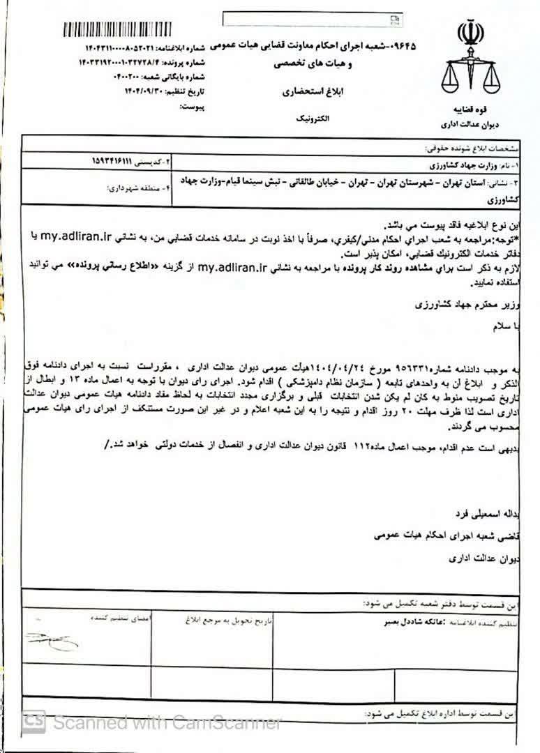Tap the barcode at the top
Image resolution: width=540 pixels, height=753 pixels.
coord(123,30)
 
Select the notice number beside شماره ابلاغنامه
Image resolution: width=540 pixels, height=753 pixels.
coord(121,49)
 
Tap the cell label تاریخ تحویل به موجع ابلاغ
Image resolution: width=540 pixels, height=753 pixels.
coord(239,618)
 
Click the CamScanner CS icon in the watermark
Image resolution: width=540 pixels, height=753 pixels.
coord(35,722)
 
